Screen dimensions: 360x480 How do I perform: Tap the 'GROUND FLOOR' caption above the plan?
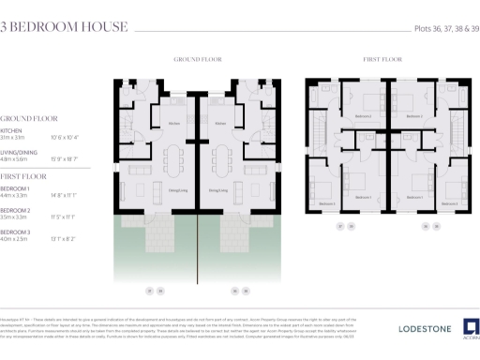point(198,59)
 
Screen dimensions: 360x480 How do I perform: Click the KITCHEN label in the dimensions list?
point(12,130)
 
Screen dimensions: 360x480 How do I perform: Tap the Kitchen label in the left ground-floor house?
point(173,124)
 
